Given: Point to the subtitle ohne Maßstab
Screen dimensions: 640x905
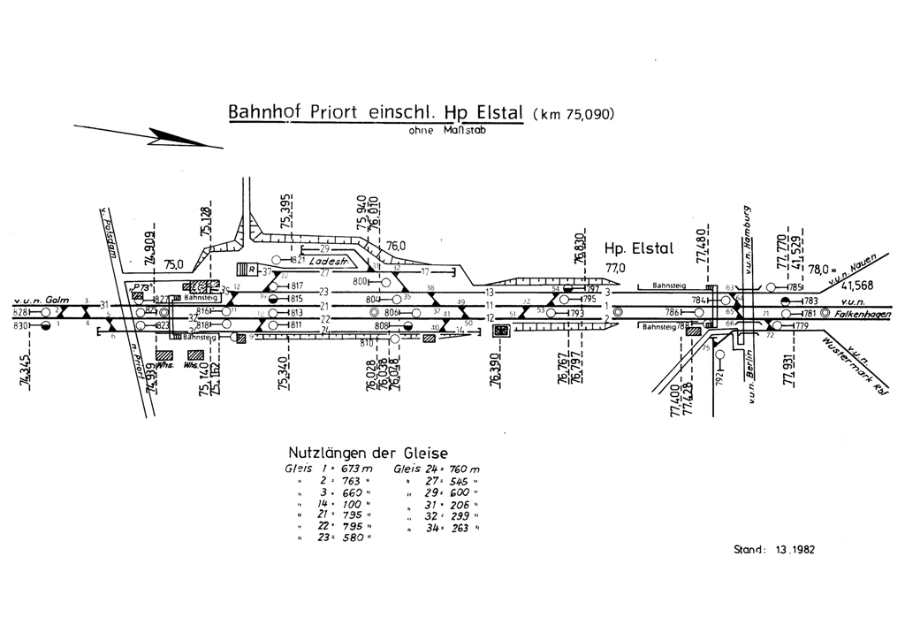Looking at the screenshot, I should click(447, 131).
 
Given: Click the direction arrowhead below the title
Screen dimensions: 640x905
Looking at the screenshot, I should click(177, 139).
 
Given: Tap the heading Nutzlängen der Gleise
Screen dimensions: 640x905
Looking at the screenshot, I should click(369, 452).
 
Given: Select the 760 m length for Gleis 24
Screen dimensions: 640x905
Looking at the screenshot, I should click(464, 469).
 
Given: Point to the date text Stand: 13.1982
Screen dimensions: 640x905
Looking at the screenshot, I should click(774, 549).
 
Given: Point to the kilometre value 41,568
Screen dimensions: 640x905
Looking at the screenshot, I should click(858, 286).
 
